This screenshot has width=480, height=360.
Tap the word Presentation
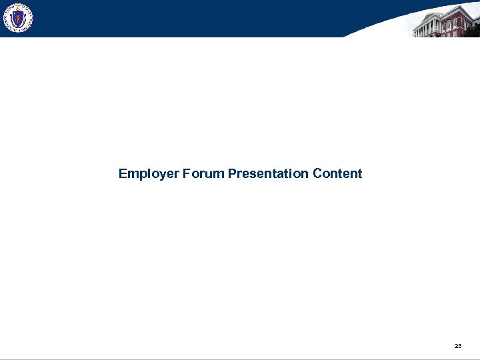click(x=268, y=174)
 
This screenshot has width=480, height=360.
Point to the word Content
click(x=337, y=174)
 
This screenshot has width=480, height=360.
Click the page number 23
click(x=457, y=346)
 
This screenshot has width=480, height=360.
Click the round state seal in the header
click(x=17, y=18)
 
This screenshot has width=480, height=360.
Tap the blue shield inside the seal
click(x=17, y=19)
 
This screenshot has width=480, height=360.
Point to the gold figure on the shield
click(x=17, y=18)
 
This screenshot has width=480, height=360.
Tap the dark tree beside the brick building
click(x=473, y=29)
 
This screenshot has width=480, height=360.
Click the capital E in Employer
click(x=123, y=174)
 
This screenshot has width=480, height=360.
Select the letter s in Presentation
click(x=252, y=175)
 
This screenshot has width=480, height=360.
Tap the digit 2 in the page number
click(x=455, y=346)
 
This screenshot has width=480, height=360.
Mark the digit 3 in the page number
click(x=459, y=346)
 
